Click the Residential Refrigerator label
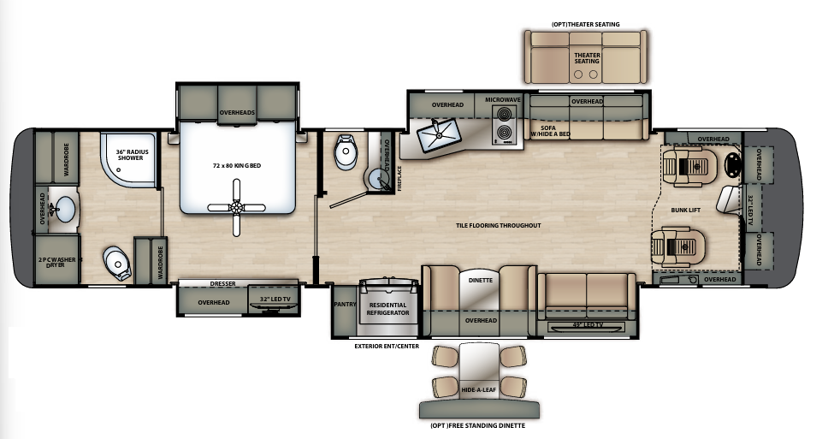[x=387, y=308]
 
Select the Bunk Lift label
[x=686, y=209]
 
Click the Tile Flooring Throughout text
[x=499, y=225]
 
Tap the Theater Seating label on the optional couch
[x=586, y=56]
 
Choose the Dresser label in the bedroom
[x=222, y=283]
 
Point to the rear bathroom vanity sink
[x=62, y=208]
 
